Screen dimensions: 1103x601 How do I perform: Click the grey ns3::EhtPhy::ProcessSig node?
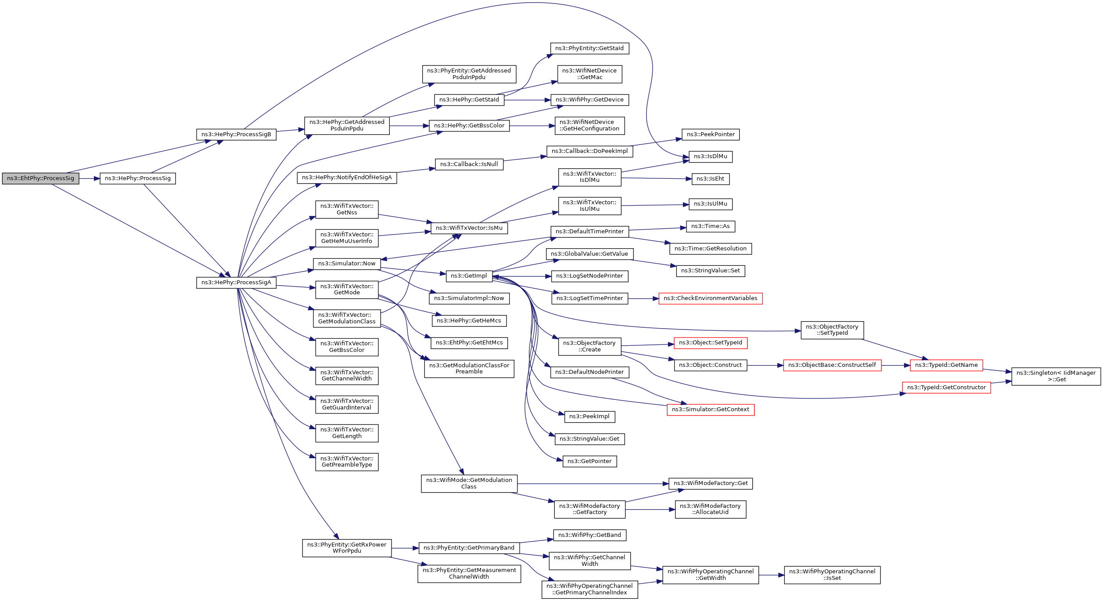point(40,178)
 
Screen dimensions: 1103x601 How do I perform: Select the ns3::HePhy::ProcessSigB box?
point(236,134)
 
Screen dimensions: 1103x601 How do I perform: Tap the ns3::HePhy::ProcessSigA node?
point(236,282)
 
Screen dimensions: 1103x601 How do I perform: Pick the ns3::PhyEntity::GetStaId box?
point(589,48)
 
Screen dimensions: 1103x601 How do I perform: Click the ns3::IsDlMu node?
point(710,156)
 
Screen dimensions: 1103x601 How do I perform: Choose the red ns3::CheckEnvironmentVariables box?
point(710,298)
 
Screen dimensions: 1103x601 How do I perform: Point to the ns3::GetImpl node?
point(469,276)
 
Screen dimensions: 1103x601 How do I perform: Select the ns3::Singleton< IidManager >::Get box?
point(1056,377)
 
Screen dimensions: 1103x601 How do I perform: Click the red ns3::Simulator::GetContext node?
point(710,409)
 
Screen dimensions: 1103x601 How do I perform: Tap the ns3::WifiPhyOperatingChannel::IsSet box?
point(832,575)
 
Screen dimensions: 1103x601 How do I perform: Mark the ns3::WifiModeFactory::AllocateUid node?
point(710,509)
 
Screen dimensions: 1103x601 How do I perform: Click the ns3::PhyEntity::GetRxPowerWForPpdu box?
point(347,548)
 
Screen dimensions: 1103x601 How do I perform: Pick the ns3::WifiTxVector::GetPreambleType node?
point(347,462)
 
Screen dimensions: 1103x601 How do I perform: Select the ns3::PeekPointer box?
point(710,134)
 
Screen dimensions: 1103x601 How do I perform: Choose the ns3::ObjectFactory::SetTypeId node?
point(832,330)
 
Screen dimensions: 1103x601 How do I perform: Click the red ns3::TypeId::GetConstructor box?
point(946,387)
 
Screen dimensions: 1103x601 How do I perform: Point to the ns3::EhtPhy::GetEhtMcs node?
point(469,343)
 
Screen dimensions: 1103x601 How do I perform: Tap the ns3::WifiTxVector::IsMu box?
point(469,228)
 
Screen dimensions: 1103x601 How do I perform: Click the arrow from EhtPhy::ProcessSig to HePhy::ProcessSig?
point(90,179)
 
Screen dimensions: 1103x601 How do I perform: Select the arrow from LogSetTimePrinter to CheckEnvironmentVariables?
point(643,299)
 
